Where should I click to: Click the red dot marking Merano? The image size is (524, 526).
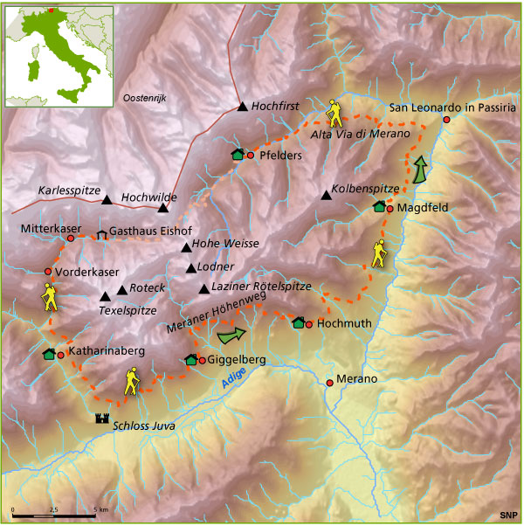[329, 382]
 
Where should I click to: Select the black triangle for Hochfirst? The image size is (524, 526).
[243, 107]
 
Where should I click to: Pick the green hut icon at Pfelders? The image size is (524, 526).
[238, 155]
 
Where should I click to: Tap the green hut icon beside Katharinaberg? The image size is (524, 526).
[49, 354]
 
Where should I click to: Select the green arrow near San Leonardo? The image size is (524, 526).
[421, 169]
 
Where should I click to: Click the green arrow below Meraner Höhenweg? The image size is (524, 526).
[231, 333]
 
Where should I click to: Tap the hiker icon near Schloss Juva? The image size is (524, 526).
[132, 382]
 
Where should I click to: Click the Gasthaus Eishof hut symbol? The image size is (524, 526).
[101, 233]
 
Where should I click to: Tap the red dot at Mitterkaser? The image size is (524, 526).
[70, 238]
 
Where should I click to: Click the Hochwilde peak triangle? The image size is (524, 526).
[162, 208]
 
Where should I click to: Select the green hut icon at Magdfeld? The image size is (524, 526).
[379, 207]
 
